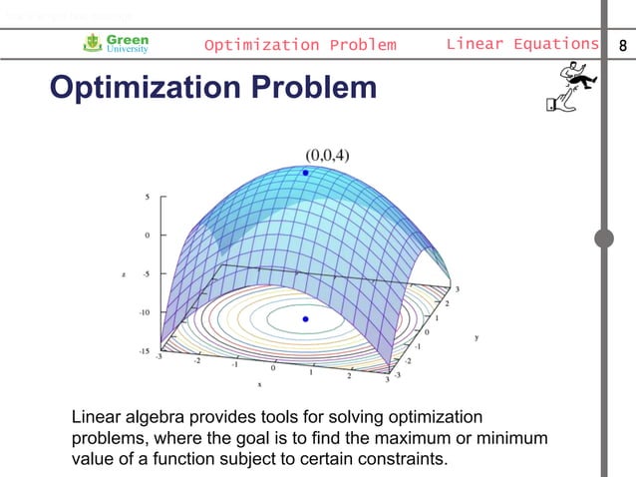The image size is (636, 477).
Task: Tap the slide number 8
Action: pos(623,46)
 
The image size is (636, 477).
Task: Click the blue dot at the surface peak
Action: pos(306,173)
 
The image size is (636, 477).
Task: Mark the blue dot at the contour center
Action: pos(306,319)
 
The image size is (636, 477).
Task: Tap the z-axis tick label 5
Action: pos(148,198)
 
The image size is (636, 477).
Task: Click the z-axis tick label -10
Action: pos(144,312)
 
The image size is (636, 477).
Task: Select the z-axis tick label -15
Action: pos(144,350)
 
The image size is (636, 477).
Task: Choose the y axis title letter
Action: pos(476,337)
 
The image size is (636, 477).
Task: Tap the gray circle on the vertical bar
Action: pos(603,238)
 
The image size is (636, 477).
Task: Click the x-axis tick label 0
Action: pos(273,366)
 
